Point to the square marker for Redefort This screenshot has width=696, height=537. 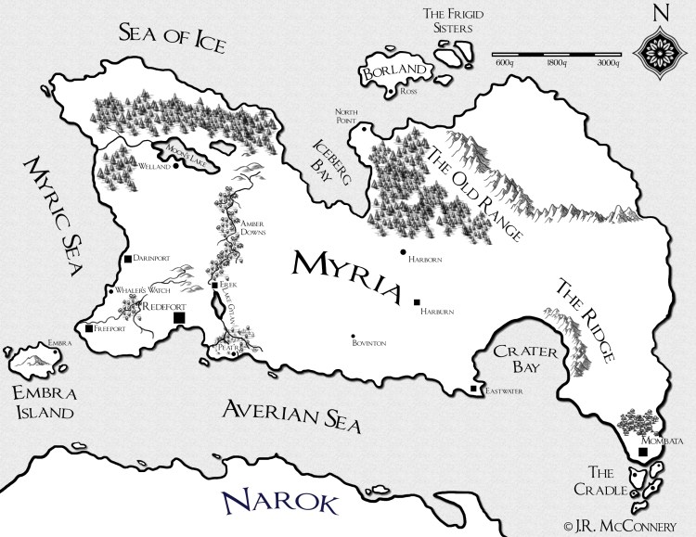[x=180, y=318]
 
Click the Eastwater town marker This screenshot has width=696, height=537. [x=474, y=390]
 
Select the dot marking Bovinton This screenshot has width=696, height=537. [x=353, y=336]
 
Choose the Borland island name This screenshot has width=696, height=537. [x=393, y=72]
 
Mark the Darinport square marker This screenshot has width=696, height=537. [x=127, y=259]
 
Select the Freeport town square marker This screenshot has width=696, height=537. [x=88, y=328]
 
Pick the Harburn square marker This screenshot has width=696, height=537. [x=418, y=301]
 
